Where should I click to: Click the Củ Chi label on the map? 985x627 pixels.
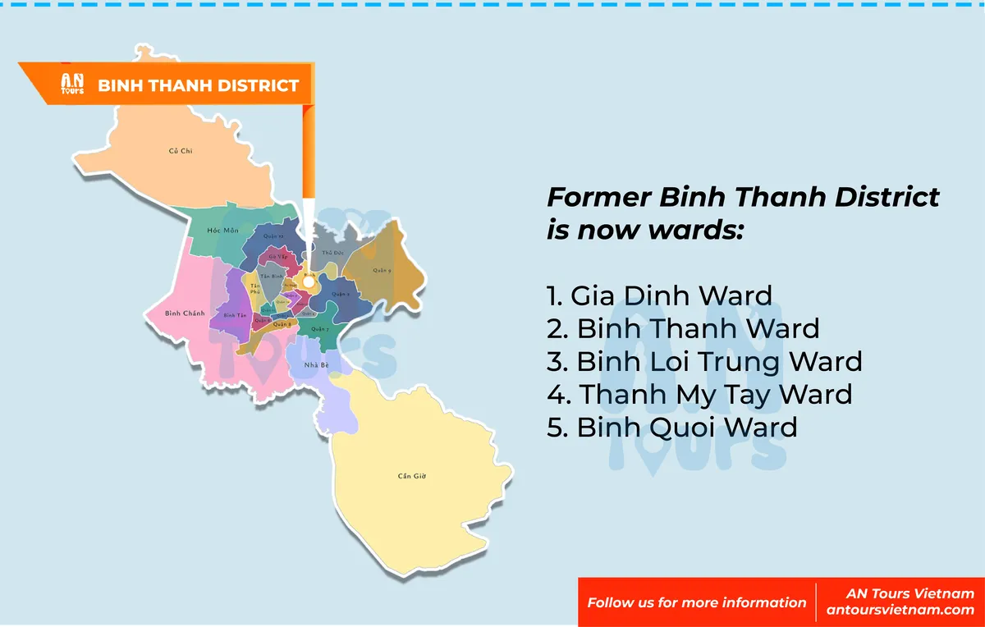point(180,151)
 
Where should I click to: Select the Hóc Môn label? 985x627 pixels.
point(222,231)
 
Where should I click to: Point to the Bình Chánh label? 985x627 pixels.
point(184,313)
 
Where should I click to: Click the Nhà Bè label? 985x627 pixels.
point(310,364)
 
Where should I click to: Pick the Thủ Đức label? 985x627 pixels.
point(332,253)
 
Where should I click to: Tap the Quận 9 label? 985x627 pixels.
point(382,270)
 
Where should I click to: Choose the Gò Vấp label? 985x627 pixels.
point(277,257)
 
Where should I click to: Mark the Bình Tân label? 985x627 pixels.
point(235,315)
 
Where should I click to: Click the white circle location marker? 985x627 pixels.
point(309,281)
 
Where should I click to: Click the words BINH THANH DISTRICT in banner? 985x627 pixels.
point(199,85)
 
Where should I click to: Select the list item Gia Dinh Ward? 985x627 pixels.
point(659,295)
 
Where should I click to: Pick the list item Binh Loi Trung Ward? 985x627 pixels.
point(704,361)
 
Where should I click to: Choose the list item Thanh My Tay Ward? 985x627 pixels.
point(699,394)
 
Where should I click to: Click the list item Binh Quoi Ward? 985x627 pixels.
point(671,427)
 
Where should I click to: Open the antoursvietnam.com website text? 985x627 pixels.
point(900,610)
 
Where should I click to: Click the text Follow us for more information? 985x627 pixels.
point(696,602)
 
